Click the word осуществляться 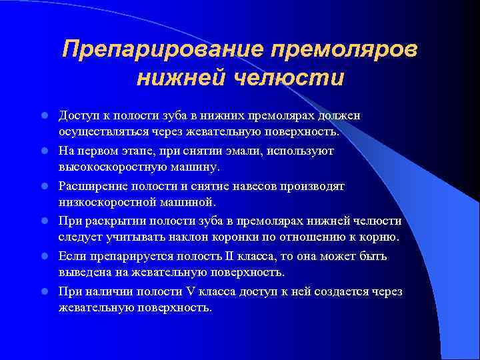(99, 132)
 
